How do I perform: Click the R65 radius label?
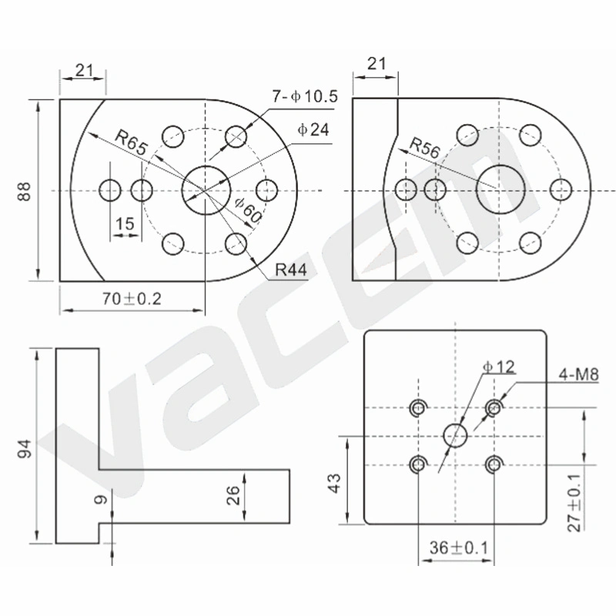point(131,142)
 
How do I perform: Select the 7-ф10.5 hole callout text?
point(305,96)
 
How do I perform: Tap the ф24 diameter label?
point(313,129)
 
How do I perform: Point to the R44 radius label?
point(291,270)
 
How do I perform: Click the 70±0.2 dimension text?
point(132,299)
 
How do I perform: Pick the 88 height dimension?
point(25,191)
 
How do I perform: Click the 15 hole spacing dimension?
point(125,224)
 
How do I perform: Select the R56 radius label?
point(425,148)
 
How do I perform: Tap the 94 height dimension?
point(25,449)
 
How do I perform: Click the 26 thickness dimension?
point(233,495)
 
